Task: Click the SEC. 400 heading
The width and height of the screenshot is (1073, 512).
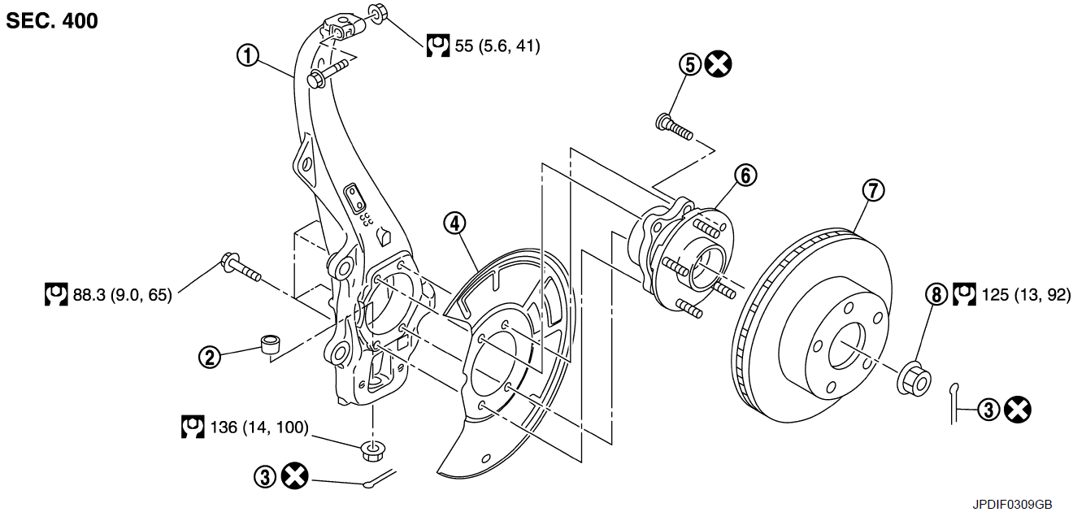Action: point(52,21)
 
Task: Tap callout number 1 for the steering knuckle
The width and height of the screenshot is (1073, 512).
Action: point(247,56)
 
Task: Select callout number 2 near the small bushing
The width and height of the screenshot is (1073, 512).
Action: point(211,356)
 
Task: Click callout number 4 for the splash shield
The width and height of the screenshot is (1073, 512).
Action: point(454,222)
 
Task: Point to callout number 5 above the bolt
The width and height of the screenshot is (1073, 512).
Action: point(690,64)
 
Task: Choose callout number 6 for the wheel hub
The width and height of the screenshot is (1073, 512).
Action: point(745,175)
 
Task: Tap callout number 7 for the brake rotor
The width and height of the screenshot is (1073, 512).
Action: point(872,190)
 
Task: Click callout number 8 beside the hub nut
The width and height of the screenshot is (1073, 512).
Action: point(936,294)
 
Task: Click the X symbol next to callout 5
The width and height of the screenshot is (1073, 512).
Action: point(717,64)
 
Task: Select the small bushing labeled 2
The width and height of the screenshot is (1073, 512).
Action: point(269,342)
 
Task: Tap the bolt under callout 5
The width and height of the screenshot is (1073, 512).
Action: point(674,127)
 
